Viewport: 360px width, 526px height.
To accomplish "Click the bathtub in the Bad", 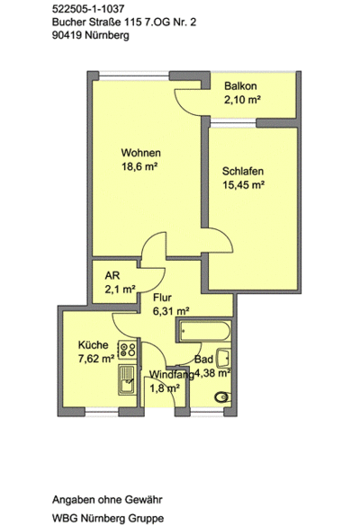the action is [204, 332].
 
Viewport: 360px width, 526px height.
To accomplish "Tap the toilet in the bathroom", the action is [222, 397].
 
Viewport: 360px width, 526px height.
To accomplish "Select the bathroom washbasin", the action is [224, 358].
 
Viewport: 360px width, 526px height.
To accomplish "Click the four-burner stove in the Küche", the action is [127, 349].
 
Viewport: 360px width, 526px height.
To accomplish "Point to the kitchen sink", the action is [127, 379].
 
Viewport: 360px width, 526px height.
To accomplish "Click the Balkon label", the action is [240, 86].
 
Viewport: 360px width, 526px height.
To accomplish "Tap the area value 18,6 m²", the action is [139, 166].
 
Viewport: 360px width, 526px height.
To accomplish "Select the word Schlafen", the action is [243, 171].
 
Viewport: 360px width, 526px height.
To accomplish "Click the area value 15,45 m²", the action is [244, 185].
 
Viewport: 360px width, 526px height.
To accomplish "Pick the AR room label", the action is [112, 275].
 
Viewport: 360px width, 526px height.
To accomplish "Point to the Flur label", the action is [162, 298].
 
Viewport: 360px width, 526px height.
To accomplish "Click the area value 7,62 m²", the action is [96, 359].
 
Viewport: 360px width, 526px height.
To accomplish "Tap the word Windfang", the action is [172, 374].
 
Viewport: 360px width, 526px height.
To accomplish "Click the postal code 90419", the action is [67, 35].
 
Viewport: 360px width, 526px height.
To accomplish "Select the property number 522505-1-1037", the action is [88, 9].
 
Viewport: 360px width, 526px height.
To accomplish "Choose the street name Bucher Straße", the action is [87, 22].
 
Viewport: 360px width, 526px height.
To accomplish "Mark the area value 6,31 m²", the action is [171, 311].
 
